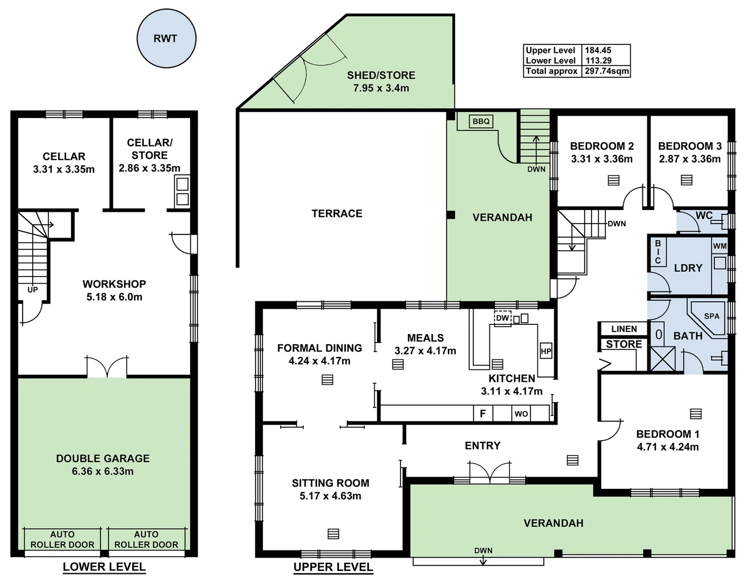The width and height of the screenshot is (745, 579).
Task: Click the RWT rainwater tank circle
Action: pyautogui.click(x=165, y=39)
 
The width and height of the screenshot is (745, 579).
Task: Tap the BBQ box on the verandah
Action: pyautogui.click(x=481, y=122)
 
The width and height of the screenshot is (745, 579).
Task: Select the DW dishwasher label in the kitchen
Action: pyautogui.click(x=502, y=318)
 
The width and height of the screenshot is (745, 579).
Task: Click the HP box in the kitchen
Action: pyautogui.click(x=546, y=352)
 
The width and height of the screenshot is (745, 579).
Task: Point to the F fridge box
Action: pyautogui.click(x=483, y=413)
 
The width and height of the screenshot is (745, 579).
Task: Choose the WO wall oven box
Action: pyautogui.click(x=521, y=413)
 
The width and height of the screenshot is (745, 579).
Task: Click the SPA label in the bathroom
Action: pyautogui.click(x=711, y=316)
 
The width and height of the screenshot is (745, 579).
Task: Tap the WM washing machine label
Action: pyautogui.click(x=720, y=246)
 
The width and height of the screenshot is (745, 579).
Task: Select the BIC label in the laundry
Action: pyautogui.click(x=658, y=252)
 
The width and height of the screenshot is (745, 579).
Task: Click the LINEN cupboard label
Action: pyautogui.click(x=624, y=329)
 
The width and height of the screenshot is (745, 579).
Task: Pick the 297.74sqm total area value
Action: pyautogui.click(x=607, y=71)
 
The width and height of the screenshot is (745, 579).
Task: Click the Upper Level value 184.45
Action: pyautogui.click(x=598, y=50)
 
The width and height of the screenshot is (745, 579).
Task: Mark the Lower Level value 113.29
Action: pyautogui.click(x=598, y=61)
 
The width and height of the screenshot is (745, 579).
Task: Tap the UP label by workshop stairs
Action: pyautogui.click(x=33, y=289)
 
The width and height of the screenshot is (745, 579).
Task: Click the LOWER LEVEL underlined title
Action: pyautogui.click(x=104, y=567)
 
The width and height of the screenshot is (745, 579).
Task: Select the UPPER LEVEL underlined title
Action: pyautogui.click(x=333, y=567)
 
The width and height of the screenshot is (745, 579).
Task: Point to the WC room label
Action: pyautogui.click(x=704, y=216)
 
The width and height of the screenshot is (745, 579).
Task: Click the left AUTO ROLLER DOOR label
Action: pyautogui.click(x=62, y=539)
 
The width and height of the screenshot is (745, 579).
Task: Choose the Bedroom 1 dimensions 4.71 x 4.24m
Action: pyautogui.click(x=668, y=447)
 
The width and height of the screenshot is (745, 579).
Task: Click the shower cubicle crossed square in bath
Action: pyautogui.click(x=663, y=359)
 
